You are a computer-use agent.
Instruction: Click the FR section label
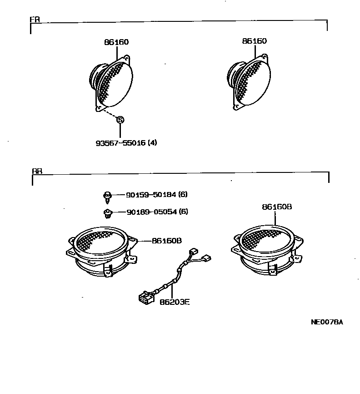coord(34,20)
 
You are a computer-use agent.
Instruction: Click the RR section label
coord(37,172)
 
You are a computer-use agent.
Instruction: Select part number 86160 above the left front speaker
coord(116,42)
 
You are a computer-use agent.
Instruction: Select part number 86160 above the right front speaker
coord(255,41)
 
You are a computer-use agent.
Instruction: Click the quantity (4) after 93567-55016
coord(152,142)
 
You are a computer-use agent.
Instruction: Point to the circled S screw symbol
coord(120,119)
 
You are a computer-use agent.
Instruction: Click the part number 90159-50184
coord(152,195)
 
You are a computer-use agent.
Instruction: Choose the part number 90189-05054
coord(152,212)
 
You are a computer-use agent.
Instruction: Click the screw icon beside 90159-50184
coord(107,196)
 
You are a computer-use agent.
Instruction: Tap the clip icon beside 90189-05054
coord(107,212)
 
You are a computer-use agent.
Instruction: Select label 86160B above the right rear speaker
coord(276,207)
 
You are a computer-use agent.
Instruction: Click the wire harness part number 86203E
coord(174,302)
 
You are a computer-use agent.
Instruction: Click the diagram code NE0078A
coord(326,322)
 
